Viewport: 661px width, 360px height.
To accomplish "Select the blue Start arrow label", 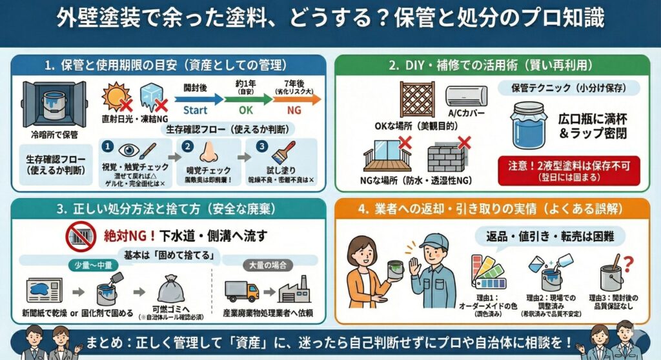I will pyautogui.click(x=196, y=110).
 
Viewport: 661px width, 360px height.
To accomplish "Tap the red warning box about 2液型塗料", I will pyautogui.click(x=569, y=171).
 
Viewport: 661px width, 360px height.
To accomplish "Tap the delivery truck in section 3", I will pyautogui.click(x=241, y=291).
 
